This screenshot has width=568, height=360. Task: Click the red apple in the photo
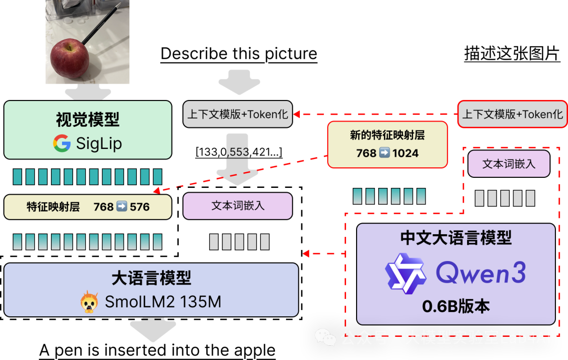(69, 57)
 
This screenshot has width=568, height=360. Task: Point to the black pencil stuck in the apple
(99, 24)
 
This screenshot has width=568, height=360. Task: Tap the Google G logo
(62, 143)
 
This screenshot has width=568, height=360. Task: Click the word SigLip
(99, 143)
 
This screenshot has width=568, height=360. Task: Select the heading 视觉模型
(88, 120)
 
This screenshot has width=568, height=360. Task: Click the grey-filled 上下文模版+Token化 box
(238, 114)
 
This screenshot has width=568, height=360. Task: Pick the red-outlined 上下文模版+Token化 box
(512, 114)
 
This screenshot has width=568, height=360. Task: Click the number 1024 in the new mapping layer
(405, 153)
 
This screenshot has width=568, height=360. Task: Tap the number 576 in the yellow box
(140, 207)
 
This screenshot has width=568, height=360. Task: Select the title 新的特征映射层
(387, 135)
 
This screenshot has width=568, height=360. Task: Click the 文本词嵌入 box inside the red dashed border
(509, 164)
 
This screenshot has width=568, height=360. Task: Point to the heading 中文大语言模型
(455, 238)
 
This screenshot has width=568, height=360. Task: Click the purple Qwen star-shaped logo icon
(405, 273)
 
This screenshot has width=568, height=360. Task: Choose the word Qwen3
(481, 273)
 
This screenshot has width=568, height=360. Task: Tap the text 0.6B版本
(455, 306)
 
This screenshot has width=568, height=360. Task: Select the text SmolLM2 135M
(163, 302)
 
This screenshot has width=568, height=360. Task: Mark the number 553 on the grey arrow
(239, 152)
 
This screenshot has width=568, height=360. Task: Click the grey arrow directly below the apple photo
(88, 94)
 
